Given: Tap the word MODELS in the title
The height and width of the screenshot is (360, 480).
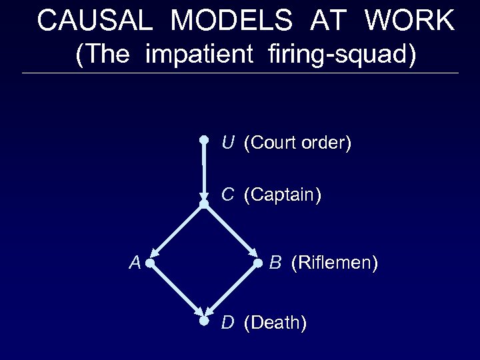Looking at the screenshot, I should click(x=231, y=21).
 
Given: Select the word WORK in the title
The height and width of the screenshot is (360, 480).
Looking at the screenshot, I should click(x=409, y=21).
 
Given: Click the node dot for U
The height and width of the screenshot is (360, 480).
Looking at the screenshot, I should click(x=205, y=140).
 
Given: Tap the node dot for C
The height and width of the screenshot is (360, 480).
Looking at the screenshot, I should click(x=204, y=203).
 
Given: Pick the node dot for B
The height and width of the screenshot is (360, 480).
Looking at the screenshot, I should click(x=259, y=264).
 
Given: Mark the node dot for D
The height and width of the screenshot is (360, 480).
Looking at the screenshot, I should click(x=205, y=321).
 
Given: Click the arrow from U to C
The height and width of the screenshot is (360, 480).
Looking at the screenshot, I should click(x=204, y=170).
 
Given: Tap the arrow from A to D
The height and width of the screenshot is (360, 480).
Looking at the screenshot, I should click(x=177, y=292).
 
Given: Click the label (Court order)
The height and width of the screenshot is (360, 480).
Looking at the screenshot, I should click(x=297, y=143).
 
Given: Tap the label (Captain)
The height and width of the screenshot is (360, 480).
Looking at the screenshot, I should click(x=283, y=195).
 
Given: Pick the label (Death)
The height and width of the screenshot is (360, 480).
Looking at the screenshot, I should click(x=275, y=323).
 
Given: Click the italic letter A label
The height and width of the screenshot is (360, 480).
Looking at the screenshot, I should click(x=135, y=263).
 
